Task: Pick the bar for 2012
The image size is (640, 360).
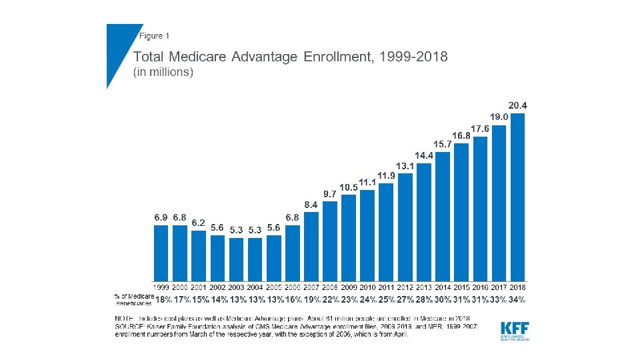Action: [405, 227]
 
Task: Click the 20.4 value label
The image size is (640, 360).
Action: [517, 105]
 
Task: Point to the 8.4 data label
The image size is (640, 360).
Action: [311, 205]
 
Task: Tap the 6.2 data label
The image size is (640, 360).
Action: [198, 223]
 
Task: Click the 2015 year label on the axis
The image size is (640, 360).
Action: [461, 286]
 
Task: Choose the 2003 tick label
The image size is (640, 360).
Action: [237, 286]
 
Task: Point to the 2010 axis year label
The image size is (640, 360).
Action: [367, 286]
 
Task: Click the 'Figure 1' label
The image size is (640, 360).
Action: [154, 35]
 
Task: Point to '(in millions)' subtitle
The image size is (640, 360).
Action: [163, 72]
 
